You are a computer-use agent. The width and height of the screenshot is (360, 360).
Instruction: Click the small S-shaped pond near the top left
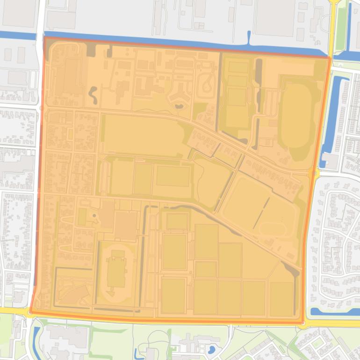point(93,95)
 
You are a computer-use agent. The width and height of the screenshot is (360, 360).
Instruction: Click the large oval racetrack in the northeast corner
point(297,117)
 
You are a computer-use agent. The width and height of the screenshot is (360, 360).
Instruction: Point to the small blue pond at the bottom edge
point(211,349)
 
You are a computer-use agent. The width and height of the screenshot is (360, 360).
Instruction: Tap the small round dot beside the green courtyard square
point(93,216)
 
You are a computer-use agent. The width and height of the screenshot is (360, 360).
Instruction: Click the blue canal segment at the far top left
point(18,35)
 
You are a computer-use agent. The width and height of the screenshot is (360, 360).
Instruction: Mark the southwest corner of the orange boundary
point(31,311)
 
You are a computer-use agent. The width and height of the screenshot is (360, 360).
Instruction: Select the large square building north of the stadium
point(125,225)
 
